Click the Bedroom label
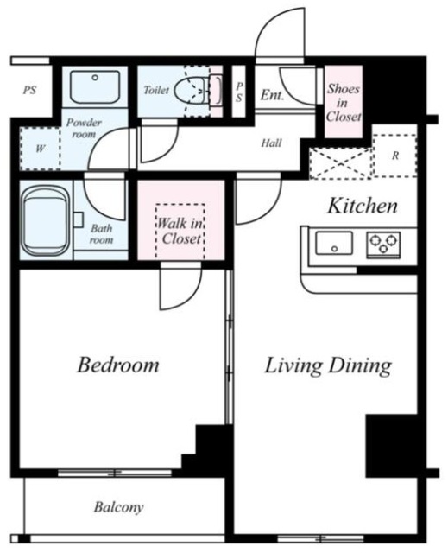tap(118, 365)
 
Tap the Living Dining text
tap(328, 366)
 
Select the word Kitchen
tap(363, 206)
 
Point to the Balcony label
tap(119, 507)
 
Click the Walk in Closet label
tap(180, 231)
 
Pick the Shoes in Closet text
tap(344, 102)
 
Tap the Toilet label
tap(156, 90)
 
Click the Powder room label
tap(84, 128)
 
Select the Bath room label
tap(102, 234)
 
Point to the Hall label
tap(271, 143)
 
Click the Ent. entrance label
tap(272, 94)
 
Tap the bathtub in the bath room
tap(46, 221)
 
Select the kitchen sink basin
tap(334, 243)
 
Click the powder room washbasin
tap(95, 86)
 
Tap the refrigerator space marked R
tap(395, 156)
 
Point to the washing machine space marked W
tap(41, 149)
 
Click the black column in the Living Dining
tap(392, 446)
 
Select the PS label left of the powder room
tap(30, 90)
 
